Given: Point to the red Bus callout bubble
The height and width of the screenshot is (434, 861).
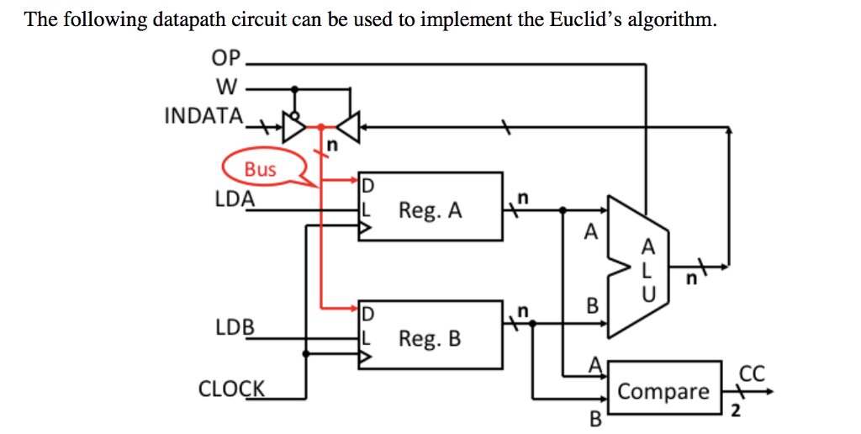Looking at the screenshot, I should (x=261, y=168).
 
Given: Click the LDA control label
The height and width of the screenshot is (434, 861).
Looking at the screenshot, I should (x=235, y=199).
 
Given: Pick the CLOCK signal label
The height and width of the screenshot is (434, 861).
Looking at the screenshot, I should (x=231, y=389).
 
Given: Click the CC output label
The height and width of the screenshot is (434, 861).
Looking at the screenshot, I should (x=750, y=373).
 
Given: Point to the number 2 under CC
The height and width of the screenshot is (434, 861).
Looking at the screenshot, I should (x=735, y=411).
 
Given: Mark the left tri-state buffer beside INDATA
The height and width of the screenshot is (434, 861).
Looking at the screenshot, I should (x=294, y=127).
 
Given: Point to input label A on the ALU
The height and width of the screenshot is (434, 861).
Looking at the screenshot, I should (x=591, y=231).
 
